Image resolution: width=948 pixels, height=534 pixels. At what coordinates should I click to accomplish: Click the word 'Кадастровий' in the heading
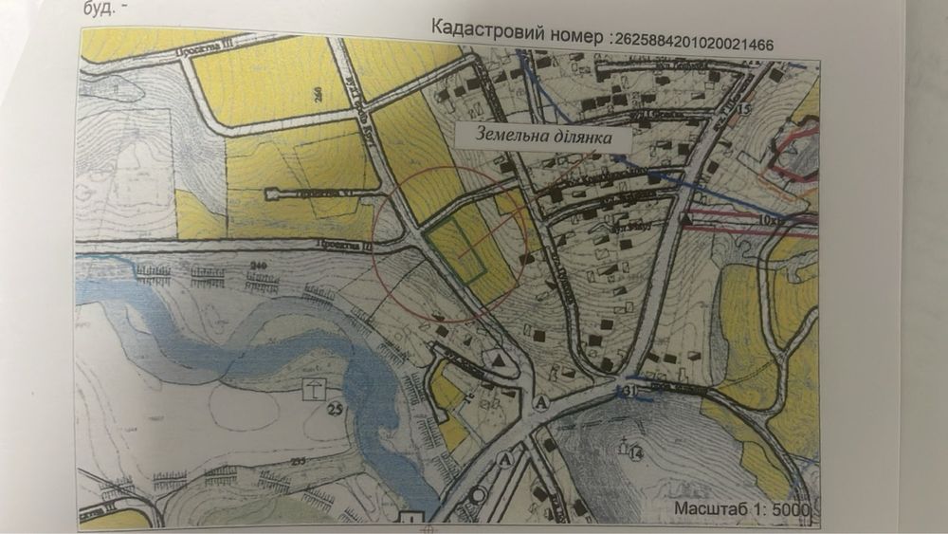[x=488, y=28]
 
